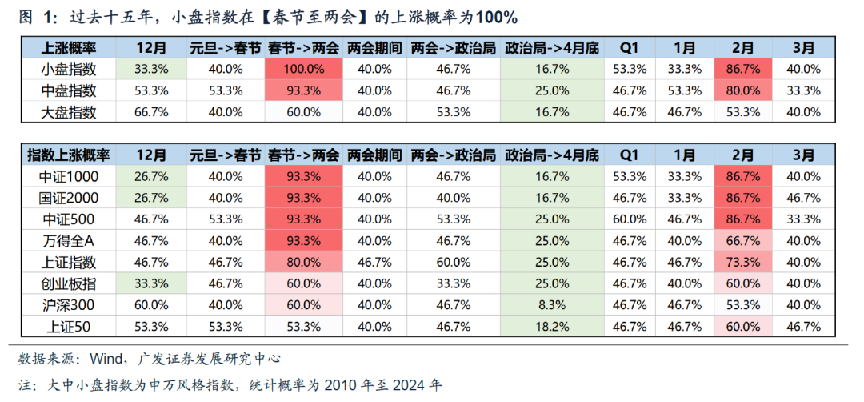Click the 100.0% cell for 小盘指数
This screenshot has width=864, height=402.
[x=302, y=69]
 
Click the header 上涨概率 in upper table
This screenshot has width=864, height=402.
[x=67, y=47]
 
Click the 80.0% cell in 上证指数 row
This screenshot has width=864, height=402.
[x=302, y=262]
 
